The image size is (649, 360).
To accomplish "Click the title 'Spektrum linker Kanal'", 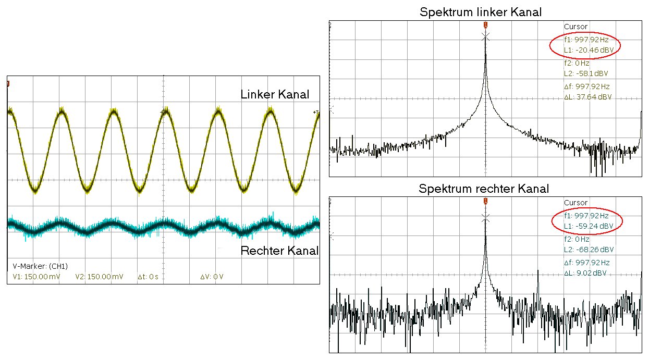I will pos(480,13).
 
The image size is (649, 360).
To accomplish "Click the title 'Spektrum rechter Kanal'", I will pos(484,189).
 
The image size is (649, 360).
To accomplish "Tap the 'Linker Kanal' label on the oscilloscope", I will pos(275,95).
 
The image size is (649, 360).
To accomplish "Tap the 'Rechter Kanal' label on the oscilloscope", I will pos(279,251).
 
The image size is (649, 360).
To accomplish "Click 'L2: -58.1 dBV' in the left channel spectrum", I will pos(586,73).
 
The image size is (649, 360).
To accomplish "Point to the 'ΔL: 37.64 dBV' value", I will pos(588,97).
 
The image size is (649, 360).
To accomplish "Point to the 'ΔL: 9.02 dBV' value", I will pos(585,273).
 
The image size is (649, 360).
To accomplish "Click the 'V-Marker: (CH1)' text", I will pos(40,266).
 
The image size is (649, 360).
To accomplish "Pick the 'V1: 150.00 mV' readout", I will pos(36,277).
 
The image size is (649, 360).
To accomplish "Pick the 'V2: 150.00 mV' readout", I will pos(99,277).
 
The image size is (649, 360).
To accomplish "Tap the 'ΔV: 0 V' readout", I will pos(212,277).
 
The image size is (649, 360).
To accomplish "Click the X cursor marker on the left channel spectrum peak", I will pos(486,36).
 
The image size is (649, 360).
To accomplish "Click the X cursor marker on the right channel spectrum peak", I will pos(486,217).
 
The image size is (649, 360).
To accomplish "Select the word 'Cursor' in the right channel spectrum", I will pos(575,203).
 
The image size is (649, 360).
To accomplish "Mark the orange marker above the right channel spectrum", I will pos(486,201).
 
